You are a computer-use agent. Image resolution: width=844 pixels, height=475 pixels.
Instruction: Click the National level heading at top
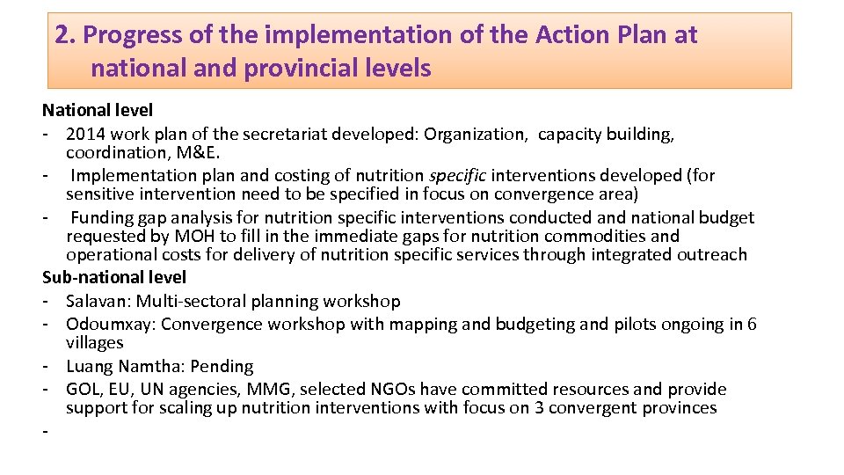pos(98,111)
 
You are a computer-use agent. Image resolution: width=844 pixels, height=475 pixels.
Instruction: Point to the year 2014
pos(84,135)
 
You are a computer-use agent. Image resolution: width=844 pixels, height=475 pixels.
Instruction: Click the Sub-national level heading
pos(114,278)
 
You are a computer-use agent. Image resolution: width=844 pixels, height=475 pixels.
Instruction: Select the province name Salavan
pos(97,301)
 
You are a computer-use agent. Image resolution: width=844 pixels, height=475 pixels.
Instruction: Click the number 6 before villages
pos(752,324)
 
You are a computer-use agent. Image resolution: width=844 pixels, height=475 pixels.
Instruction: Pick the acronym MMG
pos(251,389)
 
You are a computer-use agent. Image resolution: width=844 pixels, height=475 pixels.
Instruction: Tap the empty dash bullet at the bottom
pos(46,431)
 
